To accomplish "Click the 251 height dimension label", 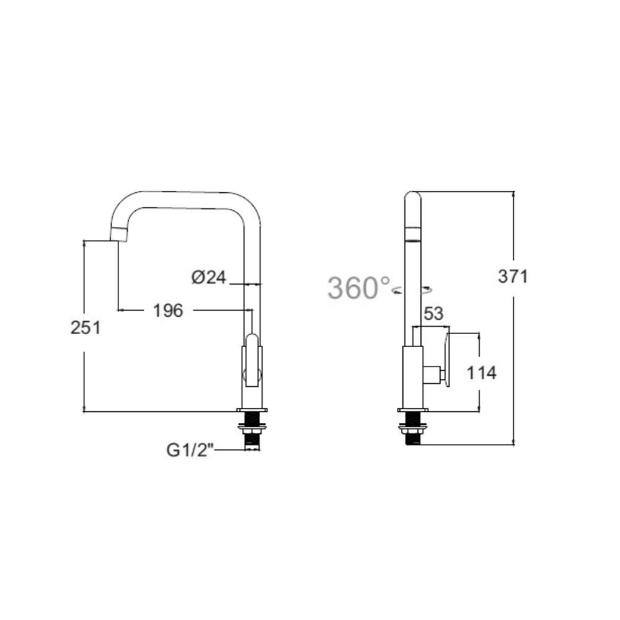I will [86, 327].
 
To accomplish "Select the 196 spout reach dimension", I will [168, 310].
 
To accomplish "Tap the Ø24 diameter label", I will [208, 277].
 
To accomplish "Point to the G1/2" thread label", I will [190, 450].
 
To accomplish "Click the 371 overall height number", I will [513, 276].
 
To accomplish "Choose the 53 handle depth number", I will [433, 314].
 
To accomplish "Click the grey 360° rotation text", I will [360, 288].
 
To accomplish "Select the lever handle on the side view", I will [446, 359].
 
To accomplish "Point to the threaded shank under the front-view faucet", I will [252, 436].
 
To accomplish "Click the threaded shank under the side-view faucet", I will [413, 436].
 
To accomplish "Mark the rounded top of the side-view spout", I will [412, 197].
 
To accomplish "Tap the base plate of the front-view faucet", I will [252, 410].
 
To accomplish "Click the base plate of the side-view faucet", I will [413, 410].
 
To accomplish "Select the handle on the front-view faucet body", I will [252, 360].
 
